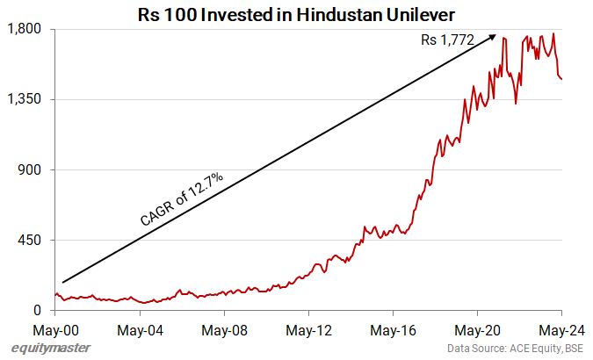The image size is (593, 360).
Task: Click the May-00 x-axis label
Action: pos(55,331)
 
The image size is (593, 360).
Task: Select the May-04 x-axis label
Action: pos(140,331)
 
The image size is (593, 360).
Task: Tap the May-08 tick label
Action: pos(224,331)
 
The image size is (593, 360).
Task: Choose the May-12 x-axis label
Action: pos(308,331)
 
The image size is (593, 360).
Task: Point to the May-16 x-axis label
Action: pos(393,331)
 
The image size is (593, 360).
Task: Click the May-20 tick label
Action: pos(477,331)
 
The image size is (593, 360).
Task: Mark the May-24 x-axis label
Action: pos(560,331)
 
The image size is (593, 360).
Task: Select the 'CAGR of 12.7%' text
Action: pos(182,199)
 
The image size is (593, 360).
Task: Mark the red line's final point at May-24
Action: pos(561,79)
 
